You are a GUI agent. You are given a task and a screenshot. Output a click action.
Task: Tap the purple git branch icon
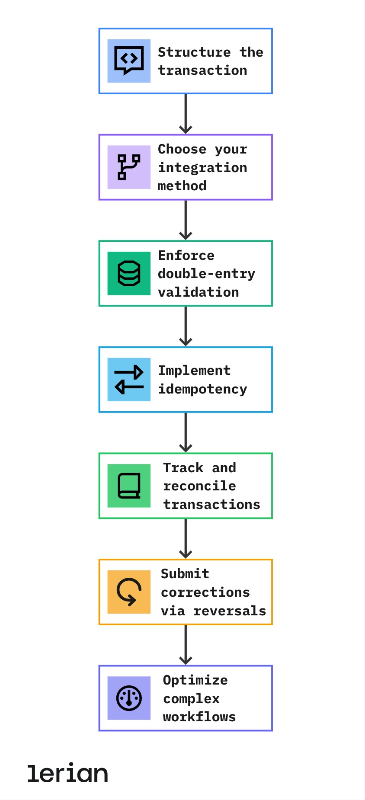coord(129,167)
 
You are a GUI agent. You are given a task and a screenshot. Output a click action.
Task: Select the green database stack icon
coord(129,273)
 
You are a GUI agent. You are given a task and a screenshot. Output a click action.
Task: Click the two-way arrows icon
coord(129,379)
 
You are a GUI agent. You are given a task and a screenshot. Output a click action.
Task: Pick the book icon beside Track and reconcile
coord(129,486)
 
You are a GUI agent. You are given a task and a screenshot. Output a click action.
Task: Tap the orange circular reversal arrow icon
coord(129,592)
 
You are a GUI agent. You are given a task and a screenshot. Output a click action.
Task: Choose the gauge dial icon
coord(129,698)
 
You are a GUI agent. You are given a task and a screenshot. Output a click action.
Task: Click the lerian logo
coord(67,773)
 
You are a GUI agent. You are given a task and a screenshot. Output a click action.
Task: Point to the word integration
coord(202,167)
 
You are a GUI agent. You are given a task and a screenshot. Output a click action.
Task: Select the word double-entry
coord(207,274)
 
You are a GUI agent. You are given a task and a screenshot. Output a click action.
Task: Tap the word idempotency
coord(202,389)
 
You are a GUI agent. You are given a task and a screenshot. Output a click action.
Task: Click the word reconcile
coord(199,486)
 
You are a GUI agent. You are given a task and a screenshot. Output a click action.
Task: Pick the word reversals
coord(230,611)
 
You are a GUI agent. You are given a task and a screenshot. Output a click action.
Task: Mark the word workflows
coord(199,717)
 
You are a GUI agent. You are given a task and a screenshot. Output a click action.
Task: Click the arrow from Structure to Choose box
coord(186,114)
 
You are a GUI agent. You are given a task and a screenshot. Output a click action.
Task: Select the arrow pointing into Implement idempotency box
coord(186,326)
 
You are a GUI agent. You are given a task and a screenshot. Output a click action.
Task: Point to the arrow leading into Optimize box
coord(186,645)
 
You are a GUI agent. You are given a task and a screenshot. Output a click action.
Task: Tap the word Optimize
coord(195,680)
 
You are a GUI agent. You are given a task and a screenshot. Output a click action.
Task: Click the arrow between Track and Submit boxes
coord(186,538)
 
